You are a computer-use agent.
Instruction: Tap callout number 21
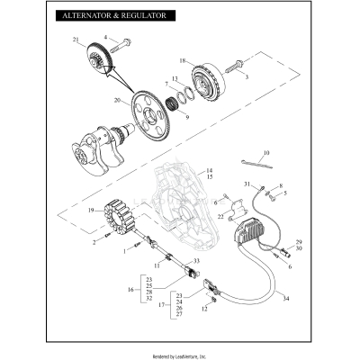point(76,40)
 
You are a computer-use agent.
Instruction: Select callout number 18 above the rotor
point(182,61)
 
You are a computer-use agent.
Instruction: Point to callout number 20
point(117,101)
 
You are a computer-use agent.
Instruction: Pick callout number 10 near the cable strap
point(265,153)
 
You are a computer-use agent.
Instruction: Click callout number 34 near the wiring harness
point(287,298)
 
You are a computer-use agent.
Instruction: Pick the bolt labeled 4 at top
point(122,41)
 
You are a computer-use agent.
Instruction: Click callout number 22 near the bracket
point(220,216)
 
